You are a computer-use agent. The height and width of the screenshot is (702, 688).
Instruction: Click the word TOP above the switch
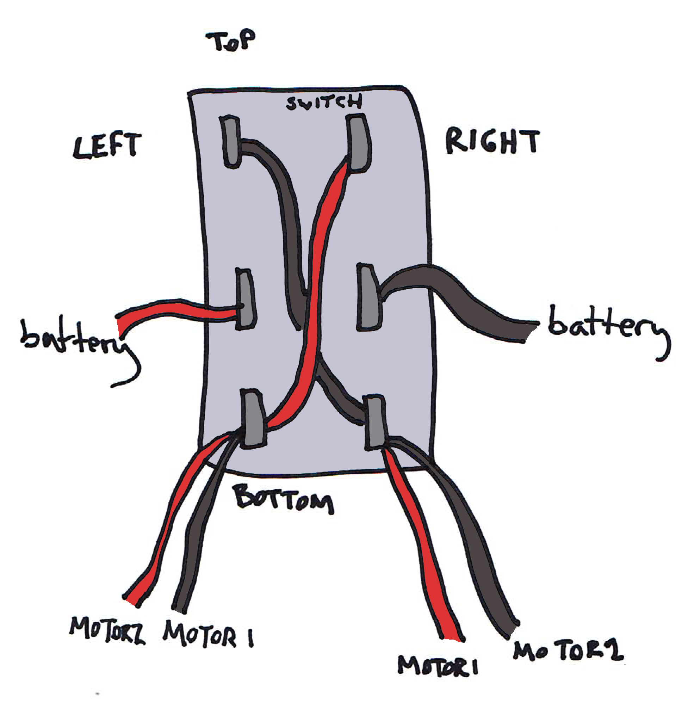[x=230, y=41]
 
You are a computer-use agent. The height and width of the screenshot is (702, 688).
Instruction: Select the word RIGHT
[x=492, y=142]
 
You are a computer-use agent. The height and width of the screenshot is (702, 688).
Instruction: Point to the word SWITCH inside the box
[x=323, y=102]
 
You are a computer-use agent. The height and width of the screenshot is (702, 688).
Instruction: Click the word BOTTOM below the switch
[x=284, y=498]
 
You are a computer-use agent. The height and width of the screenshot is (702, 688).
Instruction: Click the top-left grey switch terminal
[x=231, y=142]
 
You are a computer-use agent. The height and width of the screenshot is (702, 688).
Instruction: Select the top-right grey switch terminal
[x=359, y=143]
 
